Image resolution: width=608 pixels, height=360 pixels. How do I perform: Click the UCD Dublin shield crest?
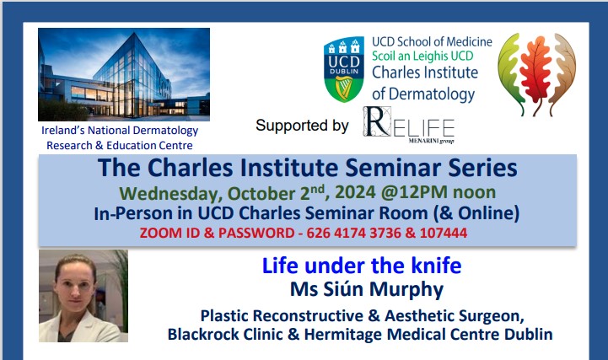tap(344, 69)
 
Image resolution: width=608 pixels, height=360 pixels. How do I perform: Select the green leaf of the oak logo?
tap(511, 73)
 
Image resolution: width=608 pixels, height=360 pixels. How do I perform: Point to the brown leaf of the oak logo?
tap(563, 73)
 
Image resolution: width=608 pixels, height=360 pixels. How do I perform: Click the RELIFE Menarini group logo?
tap(409, 125)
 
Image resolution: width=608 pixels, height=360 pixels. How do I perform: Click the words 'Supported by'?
tap(302, 126)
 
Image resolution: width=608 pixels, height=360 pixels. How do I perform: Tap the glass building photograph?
tap(124, 74)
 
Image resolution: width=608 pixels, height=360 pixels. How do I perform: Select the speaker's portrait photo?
tap(83, 296)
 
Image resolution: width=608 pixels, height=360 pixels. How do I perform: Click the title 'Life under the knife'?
tap(362, 266)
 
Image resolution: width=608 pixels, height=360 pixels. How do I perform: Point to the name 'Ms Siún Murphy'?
tap(367, 289)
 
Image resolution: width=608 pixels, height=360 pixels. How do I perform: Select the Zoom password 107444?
tap(444, 233)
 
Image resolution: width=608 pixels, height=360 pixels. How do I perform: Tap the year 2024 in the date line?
tap(355, 192)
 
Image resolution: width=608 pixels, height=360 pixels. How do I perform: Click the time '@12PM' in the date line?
tap(414, 192)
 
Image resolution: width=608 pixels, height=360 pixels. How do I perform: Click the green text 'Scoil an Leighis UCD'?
tap(422, 56)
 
